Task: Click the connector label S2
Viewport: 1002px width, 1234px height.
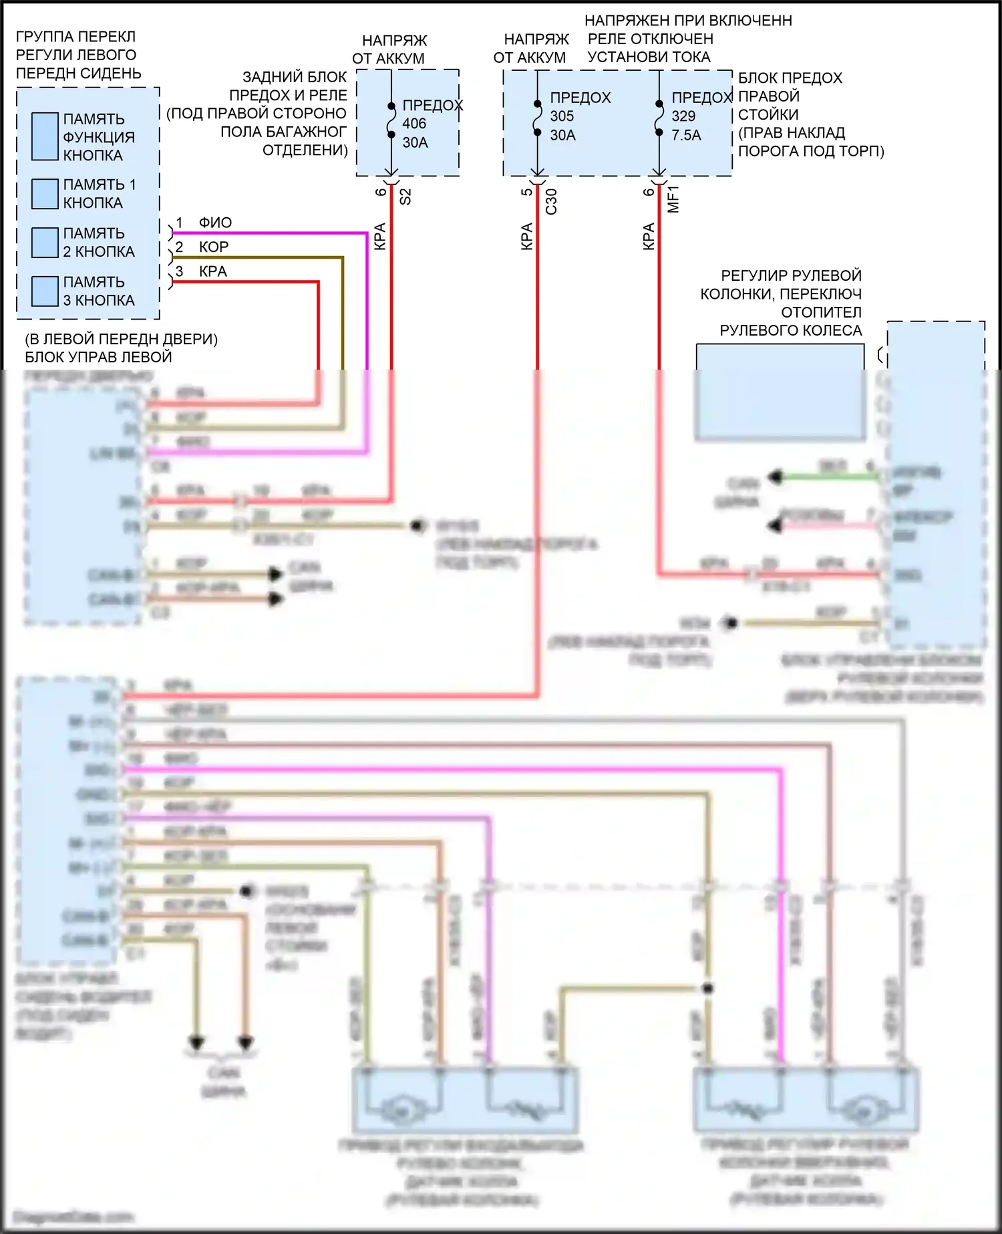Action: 405,197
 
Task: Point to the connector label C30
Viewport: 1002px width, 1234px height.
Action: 551,201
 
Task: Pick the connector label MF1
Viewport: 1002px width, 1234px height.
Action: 673,199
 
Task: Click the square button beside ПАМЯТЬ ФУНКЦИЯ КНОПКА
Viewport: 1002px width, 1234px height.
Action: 45,136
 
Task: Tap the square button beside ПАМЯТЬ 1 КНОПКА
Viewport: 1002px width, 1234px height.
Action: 45,194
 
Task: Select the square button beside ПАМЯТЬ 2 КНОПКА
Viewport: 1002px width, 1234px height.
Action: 45,243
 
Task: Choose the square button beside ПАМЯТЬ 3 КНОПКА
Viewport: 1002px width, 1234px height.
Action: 45,291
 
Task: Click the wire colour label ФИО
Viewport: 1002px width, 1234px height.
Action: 215,223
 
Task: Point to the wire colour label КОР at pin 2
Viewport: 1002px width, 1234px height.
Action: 214,247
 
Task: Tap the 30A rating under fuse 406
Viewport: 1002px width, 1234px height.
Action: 415,142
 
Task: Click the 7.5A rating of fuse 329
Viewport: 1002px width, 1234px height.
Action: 687,135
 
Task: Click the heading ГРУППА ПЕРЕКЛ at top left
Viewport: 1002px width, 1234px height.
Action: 75,36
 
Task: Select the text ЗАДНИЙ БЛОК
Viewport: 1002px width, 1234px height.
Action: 295,77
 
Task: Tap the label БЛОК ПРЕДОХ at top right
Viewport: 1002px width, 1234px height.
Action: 790,78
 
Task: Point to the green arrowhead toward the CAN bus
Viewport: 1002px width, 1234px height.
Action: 775,477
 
